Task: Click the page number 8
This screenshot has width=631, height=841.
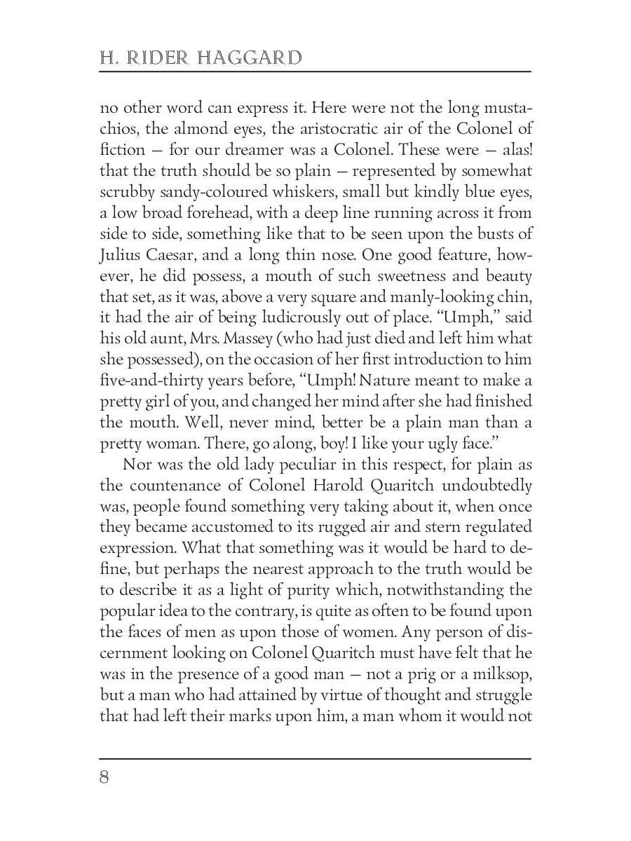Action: [x=104, y=779]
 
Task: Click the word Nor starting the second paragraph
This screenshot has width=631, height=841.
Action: [x=137, y=465]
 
